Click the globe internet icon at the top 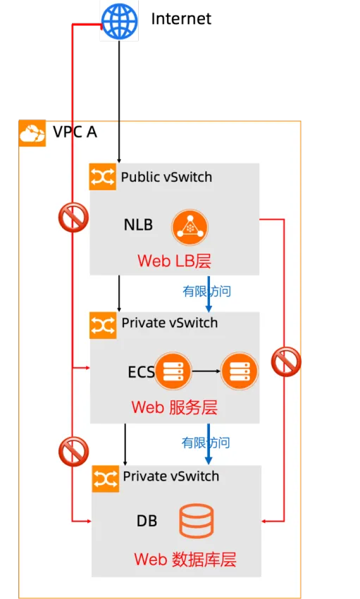point(119,21)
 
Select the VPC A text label point(75,132)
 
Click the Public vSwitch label point(166,177)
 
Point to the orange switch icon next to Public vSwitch point(103,177)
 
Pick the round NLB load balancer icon point(191,226)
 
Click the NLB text point(138,226)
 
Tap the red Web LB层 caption point(174,261)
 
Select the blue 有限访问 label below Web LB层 point(206,291)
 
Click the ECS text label point(141,372)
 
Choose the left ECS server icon point(173,371)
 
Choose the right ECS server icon point(239,371)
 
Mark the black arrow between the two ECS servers point(206,371)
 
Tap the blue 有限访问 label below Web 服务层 point(206,443)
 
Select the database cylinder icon point(196,521)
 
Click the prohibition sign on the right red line point(286,362)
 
